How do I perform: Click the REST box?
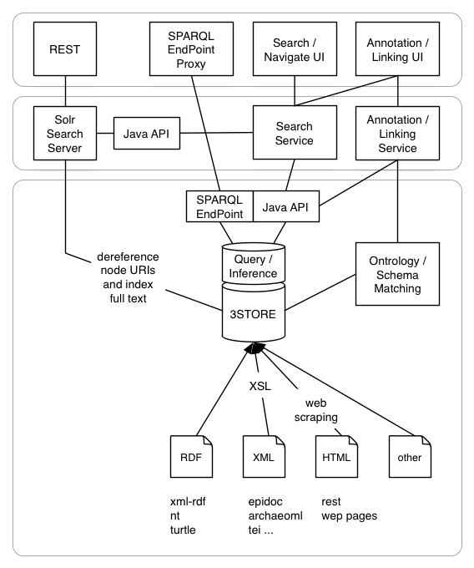click(x=65, y=49)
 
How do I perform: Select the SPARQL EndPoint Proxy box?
click(x=191, y=49)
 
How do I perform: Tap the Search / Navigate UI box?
click(x=295, y=49)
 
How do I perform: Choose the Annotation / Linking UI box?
click(x=398, y=49)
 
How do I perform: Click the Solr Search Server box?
click(x=65, y=134)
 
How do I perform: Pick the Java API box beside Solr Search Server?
click(x=147, y=134)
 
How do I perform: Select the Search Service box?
click(x=295, y=133)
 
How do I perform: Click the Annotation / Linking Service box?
click(x=398, y=134)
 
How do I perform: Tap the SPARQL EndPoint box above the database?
click(x=219, y=206)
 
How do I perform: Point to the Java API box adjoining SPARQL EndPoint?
click(x=286, y=206)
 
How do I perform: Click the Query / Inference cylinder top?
click(x=254, y=263)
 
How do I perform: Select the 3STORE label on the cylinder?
click(x=253, y=314)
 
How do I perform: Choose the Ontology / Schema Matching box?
click(x=398, y=274)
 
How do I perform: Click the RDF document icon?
click(x=191, y=456)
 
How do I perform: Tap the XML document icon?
click(x=265, y=456)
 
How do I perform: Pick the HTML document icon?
click(x=337, y=456)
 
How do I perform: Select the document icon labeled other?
click(x=410, y=456)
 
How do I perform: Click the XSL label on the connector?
click(x=260, y=386)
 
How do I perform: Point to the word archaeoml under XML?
click(x=275, y=516)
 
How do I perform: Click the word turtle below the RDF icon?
click(x=183, y=530)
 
